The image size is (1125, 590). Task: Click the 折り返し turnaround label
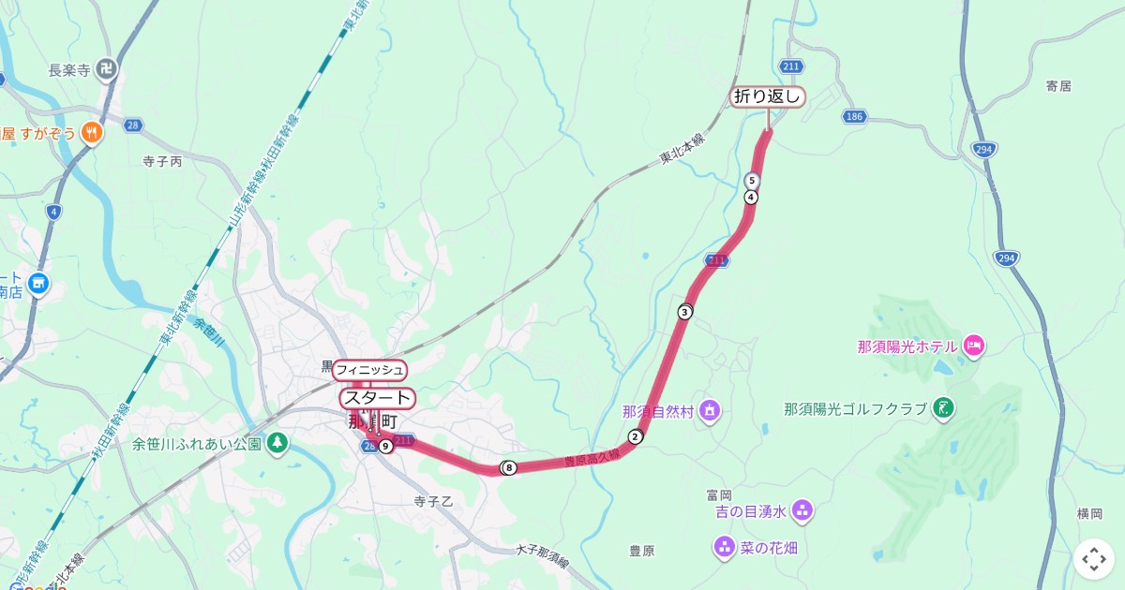pos(768,96)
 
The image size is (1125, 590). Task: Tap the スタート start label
pos(376,398)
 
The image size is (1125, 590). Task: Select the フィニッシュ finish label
pos(369,370)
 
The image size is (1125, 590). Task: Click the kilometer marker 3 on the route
pos(685,312)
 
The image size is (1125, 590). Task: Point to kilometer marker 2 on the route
pos(636,436)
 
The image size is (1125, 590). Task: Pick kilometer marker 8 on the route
pos(509,467)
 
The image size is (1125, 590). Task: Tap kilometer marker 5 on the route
pos(752,180)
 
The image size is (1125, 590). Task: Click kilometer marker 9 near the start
pos(385,446)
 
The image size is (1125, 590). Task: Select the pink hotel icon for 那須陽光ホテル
pos(973,347)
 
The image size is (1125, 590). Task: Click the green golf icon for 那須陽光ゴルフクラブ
pos(945,407)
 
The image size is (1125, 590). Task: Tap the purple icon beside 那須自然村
pos(711,410)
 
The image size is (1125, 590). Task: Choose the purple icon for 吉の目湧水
pos(802,510)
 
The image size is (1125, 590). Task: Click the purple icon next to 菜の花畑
pos(724,546)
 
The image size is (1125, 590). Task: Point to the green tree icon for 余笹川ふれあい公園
pos(277,442)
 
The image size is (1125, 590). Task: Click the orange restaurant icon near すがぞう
pos(91,132)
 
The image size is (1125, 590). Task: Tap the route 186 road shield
pos(853,116)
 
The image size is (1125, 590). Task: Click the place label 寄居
pos(1057,86)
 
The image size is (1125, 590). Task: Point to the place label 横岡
pos(1089,513)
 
